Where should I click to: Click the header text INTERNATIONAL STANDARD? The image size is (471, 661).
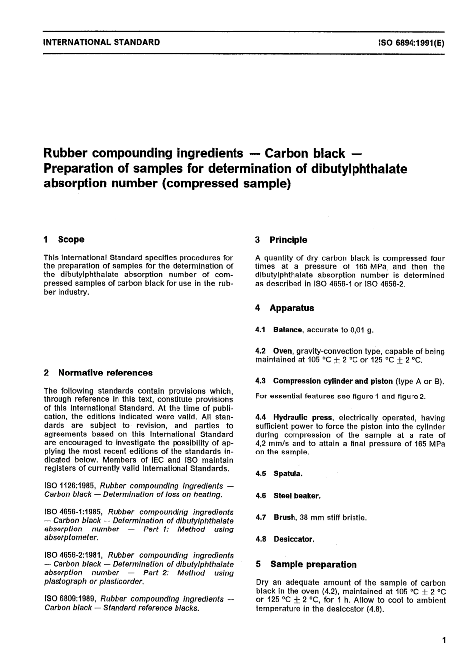coord(102,42)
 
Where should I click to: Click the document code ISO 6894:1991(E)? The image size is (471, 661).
coord(411,43)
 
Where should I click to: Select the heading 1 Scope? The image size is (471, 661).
coord(64,239)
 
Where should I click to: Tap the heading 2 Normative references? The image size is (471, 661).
coord(98,373)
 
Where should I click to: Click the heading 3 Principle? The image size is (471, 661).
coord(281,240)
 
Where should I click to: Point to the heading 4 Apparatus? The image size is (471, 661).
coord(285,308)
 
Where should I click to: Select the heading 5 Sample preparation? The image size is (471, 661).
coord(306,564)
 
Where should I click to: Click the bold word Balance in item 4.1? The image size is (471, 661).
coord(287,330)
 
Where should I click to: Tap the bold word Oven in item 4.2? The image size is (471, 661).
coord(282,351)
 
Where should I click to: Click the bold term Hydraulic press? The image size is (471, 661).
coord(302,418)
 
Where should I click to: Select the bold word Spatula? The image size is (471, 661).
coord(288,474)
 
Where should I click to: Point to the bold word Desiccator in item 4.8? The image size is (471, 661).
coord(294,539)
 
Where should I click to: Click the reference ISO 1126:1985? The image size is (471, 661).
coord(70,486)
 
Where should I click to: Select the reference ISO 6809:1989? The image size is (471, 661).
coord(70,599)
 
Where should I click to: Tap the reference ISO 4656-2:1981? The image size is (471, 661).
coord(73,555)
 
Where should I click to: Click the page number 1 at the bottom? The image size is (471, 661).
coord(443,640)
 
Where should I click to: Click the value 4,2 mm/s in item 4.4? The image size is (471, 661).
coord(273,443)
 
